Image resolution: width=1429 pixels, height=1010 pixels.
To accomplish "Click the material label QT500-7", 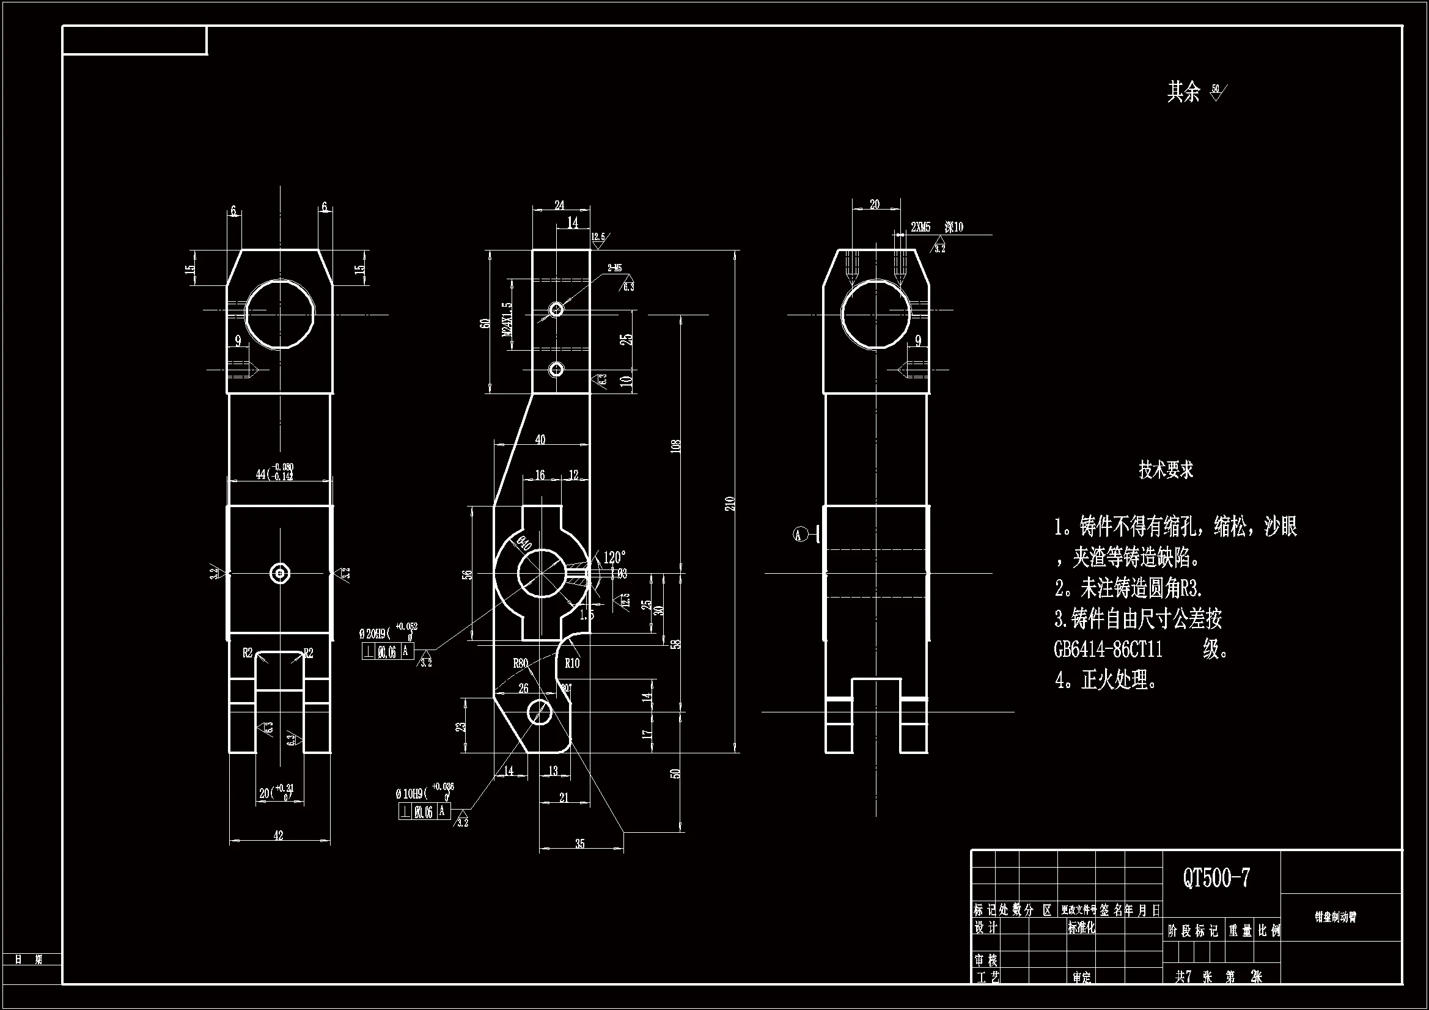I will point(1216,879).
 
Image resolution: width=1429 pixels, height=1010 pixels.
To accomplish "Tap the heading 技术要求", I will point(1166,470).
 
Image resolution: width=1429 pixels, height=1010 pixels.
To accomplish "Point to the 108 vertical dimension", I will point(677,445).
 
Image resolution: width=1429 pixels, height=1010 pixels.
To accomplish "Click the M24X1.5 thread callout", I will point(507,318).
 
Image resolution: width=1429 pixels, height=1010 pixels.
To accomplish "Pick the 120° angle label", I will point(614,557).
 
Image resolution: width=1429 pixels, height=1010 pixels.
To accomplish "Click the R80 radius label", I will point(520,664).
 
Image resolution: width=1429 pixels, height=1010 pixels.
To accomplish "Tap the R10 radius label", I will point(571,664).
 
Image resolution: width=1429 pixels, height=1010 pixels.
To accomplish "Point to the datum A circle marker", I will point(799,534).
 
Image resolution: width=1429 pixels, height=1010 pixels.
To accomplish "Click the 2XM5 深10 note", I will point(937,228).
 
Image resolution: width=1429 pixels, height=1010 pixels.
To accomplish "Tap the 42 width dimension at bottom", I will point(278,836).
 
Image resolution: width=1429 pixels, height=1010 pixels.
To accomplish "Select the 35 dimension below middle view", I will point(579,844).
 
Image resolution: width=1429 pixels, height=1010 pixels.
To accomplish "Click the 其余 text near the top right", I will point(1183,92).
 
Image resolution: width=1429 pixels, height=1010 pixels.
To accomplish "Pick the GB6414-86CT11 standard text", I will point(1108,650).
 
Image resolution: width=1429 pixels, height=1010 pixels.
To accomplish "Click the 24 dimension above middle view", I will point(559,205).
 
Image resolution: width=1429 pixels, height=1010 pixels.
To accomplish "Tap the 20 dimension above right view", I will point(875,204).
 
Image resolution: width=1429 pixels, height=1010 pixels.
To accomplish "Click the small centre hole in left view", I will point(280,573).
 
